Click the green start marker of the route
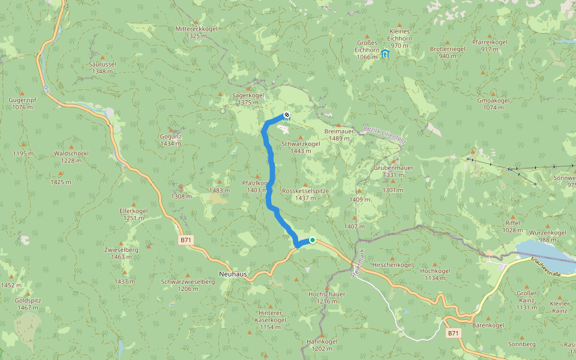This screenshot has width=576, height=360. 312,241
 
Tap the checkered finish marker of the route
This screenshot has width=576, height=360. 287,115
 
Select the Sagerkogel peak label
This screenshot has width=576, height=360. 248,95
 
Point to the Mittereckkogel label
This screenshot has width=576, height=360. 196,29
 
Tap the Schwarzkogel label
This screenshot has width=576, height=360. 301,144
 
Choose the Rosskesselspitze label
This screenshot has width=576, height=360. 305,190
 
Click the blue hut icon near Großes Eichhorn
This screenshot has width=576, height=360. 385,54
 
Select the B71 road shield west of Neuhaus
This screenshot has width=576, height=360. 186,240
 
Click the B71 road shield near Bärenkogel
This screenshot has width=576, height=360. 453,332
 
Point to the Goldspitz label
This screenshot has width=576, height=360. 27,300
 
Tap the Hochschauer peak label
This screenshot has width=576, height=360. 326,295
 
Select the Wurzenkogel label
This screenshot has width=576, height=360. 548,232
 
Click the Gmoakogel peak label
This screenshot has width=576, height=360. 494,101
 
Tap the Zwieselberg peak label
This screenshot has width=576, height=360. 121,249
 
